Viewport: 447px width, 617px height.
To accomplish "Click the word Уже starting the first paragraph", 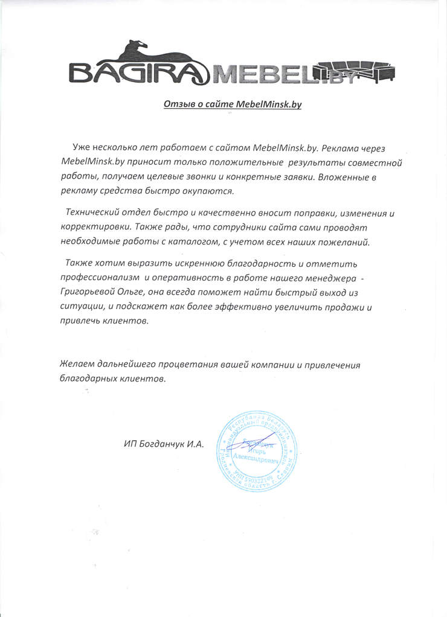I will coord(81,149).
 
